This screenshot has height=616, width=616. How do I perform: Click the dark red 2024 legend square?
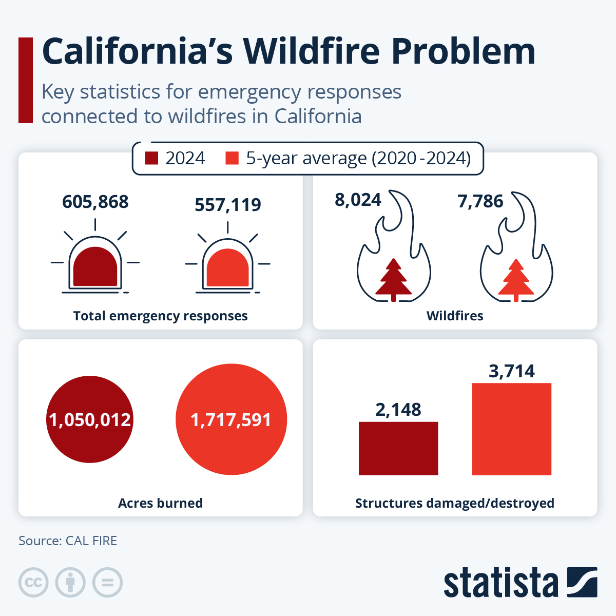[x=151, y=158]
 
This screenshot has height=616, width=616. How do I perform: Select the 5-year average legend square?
[x=232, y=158]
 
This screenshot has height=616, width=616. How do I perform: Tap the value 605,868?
[x=95, y=202]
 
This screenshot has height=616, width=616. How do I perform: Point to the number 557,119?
[x=228, y=205]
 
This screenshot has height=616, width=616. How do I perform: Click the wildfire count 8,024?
[x=358, y=200]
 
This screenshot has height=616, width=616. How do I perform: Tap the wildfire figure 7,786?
[x=480, y=201]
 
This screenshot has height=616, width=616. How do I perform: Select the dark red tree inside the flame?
[x=394, y=280]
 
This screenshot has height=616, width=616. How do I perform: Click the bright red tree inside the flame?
[x=516, y=280]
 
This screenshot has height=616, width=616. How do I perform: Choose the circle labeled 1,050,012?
[x=90, y=419]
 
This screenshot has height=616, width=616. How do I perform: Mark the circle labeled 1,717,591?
[x=231, y=419]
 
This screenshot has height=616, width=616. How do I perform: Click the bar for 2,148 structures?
[x=398, y=448]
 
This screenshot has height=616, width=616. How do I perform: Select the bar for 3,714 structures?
[x=511, y=429]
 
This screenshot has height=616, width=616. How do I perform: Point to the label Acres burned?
[x=160, y=503]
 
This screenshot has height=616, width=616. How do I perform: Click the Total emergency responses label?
[x=160, y=316]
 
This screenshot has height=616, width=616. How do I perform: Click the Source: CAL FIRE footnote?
[x=68, y=541]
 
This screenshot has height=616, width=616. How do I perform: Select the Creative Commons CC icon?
[x=33, y=583]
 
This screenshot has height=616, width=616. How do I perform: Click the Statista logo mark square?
[x=582, y=582]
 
